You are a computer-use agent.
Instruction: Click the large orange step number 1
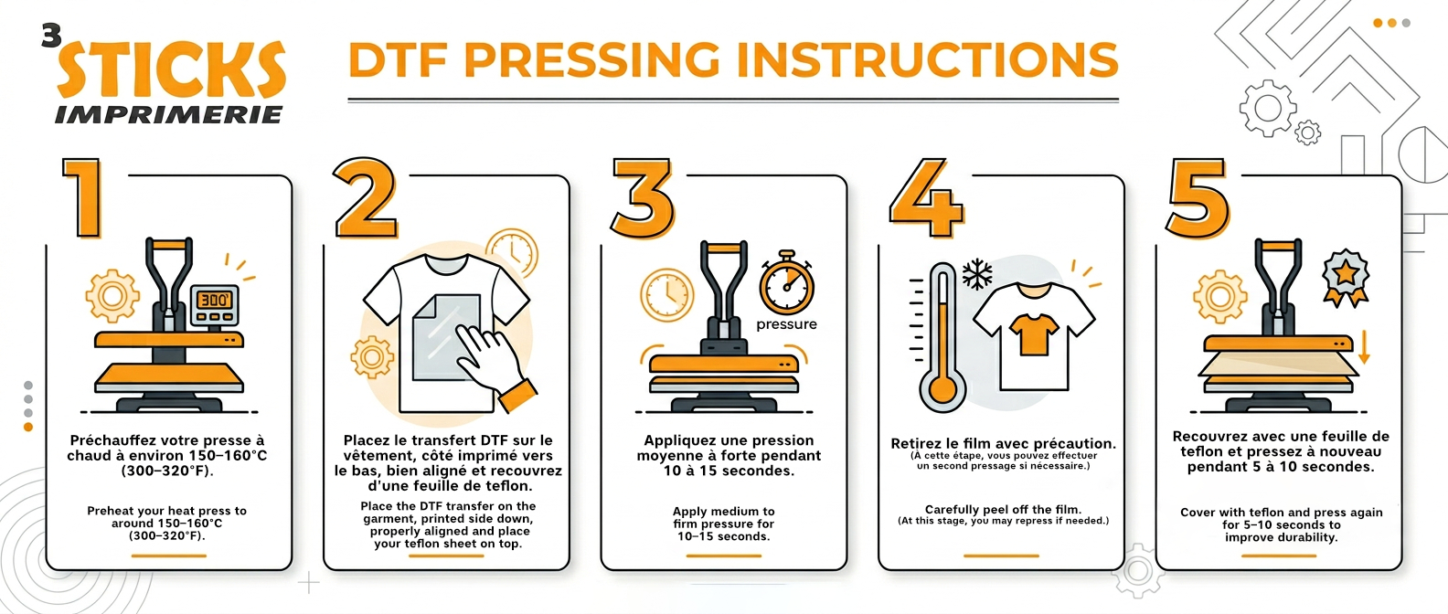84,197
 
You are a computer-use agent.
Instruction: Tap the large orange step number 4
926,197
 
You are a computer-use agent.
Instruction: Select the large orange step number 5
1198,197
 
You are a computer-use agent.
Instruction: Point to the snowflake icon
977,274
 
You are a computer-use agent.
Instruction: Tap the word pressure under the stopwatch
787,324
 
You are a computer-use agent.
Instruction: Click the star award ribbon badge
1346,278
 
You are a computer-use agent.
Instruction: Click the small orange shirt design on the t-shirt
1034,333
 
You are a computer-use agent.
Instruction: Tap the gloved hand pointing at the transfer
495,365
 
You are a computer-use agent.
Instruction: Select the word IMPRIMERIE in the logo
169,115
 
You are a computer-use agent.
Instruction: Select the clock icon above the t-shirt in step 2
512,253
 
